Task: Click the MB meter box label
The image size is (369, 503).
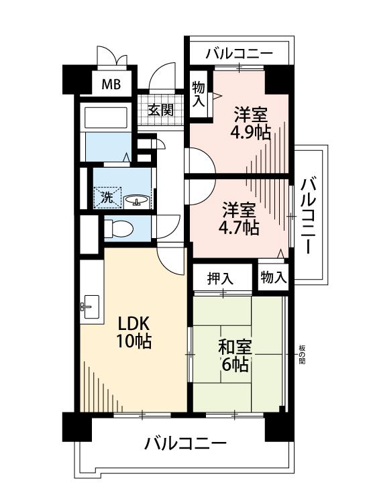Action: pos(111,85)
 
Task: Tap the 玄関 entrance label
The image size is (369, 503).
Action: pos(160,110)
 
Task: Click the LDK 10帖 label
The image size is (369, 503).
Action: pos(134,332)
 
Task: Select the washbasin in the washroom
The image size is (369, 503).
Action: pos(137,201)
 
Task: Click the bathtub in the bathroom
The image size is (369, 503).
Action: pos(105,117)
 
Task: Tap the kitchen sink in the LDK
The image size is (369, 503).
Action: pos(89,306)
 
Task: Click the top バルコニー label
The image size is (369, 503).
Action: pos(239,53)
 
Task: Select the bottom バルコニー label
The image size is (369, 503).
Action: pos(185,444)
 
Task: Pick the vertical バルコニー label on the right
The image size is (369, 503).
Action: pos(308,217)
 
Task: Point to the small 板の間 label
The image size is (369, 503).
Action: pos(302,355)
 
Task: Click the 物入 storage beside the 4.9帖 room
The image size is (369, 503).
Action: pos(199,94)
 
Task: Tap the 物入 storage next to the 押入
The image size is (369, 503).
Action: pos(273,277)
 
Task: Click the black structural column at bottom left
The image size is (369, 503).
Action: pos(76,427)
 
